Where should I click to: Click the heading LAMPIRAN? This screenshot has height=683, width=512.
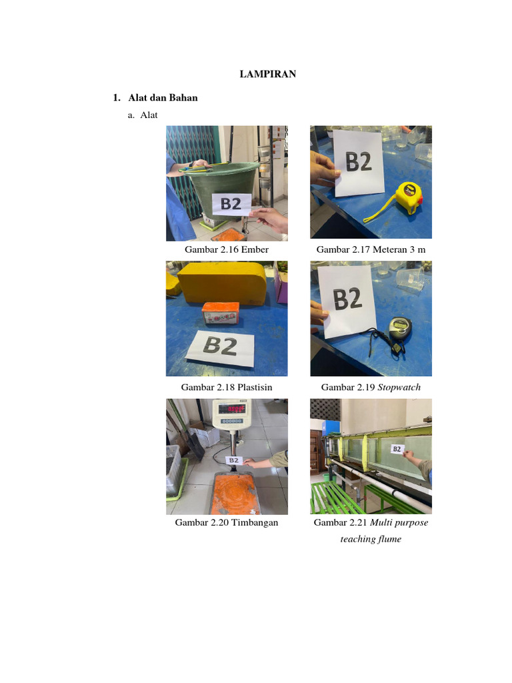268,74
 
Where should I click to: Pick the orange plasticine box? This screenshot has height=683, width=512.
221,313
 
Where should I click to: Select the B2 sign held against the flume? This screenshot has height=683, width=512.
397,449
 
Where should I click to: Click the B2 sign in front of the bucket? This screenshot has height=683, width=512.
231,204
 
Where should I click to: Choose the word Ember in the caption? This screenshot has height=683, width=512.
255,249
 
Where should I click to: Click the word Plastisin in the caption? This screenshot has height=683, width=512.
255,388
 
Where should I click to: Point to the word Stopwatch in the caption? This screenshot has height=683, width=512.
399,388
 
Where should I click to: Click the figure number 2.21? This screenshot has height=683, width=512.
358,522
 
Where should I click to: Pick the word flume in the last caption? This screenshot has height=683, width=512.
389,539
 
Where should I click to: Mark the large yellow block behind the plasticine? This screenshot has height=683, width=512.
221,283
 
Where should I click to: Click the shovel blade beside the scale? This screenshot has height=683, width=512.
195,444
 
